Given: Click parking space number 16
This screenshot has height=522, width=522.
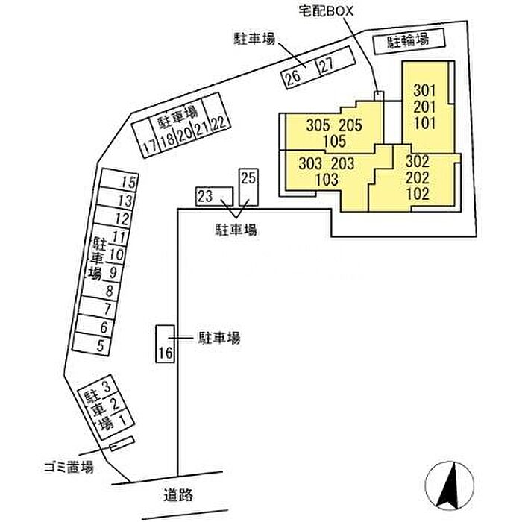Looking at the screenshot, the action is [x=166, y=344].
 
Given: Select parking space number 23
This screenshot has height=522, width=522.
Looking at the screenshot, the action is [x=214, y=196].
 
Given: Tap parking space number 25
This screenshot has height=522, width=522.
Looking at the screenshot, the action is [x=248, y=187].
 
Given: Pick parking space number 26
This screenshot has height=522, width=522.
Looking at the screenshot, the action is [x=298, y=74].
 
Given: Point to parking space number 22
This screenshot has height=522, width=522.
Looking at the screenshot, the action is [x=216, y=113].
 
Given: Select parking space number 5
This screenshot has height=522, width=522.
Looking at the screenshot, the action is [x=92, y=345].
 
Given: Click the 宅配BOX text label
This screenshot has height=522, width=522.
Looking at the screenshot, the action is [x=326, y=12].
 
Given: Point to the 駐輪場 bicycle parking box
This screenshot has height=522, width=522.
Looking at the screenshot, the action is [x=409, y=41].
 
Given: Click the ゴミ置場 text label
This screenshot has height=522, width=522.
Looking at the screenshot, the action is [x=69, y=467].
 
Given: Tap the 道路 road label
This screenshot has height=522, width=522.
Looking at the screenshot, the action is [x=178, y=495].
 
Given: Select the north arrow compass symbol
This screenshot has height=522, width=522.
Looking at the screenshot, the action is [x=450, y=485].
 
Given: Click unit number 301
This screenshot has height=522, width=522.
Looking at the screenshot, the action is [x=424, y=90].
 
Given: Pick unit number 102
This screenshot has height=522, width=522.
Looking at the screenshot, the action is [x=418, y=195].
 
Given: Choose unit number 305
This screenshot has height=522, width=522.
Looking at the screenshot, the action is [x=318, y=125].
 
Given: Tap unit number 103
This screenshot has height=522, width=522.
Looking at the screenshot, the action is [x=327, y=180].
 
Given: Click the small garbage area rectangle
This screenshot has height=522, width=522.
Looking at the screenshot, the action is [x=122, y=444].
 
